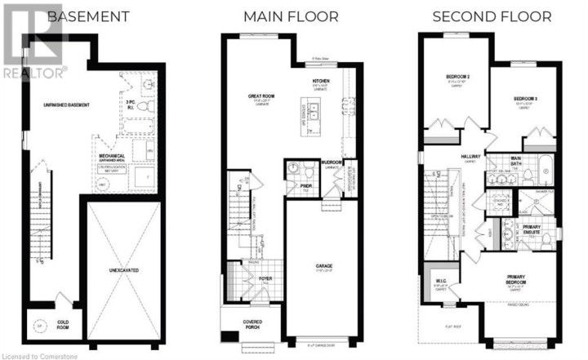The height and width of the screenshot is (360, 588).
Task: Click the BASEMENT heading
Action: (91, 16)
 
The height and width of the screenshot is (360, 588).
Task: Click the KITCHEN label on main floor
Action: (320, 82)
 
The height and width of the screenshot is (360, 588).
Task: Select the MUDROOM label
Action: (332, 162)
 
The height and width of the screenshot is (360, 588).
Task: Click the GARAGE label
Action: (325, 265)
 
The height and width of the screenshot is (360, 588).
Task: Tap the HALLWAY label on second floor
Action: (470, 157)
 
